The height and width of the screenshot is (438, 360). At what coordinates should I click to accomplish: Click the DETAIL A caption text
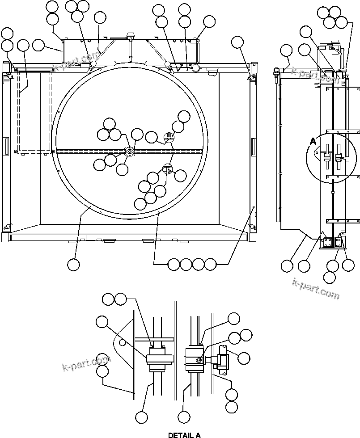click(x=184, y=435)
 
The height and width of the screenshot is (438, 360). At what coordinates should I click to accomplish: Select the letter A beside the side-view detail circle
click(x=313, y=142)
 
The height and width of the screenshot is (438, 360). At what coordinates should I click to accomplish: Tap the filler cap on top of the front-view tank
click(x=131, y=35)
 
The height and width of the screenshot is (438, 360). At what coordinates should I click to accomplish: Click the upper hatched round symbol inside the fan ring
click(x=168, y=138)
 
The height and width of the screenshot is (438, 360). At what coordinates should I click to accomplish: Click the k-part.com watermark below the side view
click(x=316, y=289)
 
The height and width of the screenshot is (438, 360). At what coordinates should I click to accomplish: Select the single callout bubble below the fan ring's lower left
click(x=73, y=265)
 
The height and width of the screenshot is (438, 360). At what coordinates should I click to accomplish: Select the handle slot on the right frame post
click(x=254, y=146)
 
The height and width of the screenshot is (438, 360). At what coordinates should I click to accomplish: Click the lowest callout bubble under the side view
click(x=329, y=277)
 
